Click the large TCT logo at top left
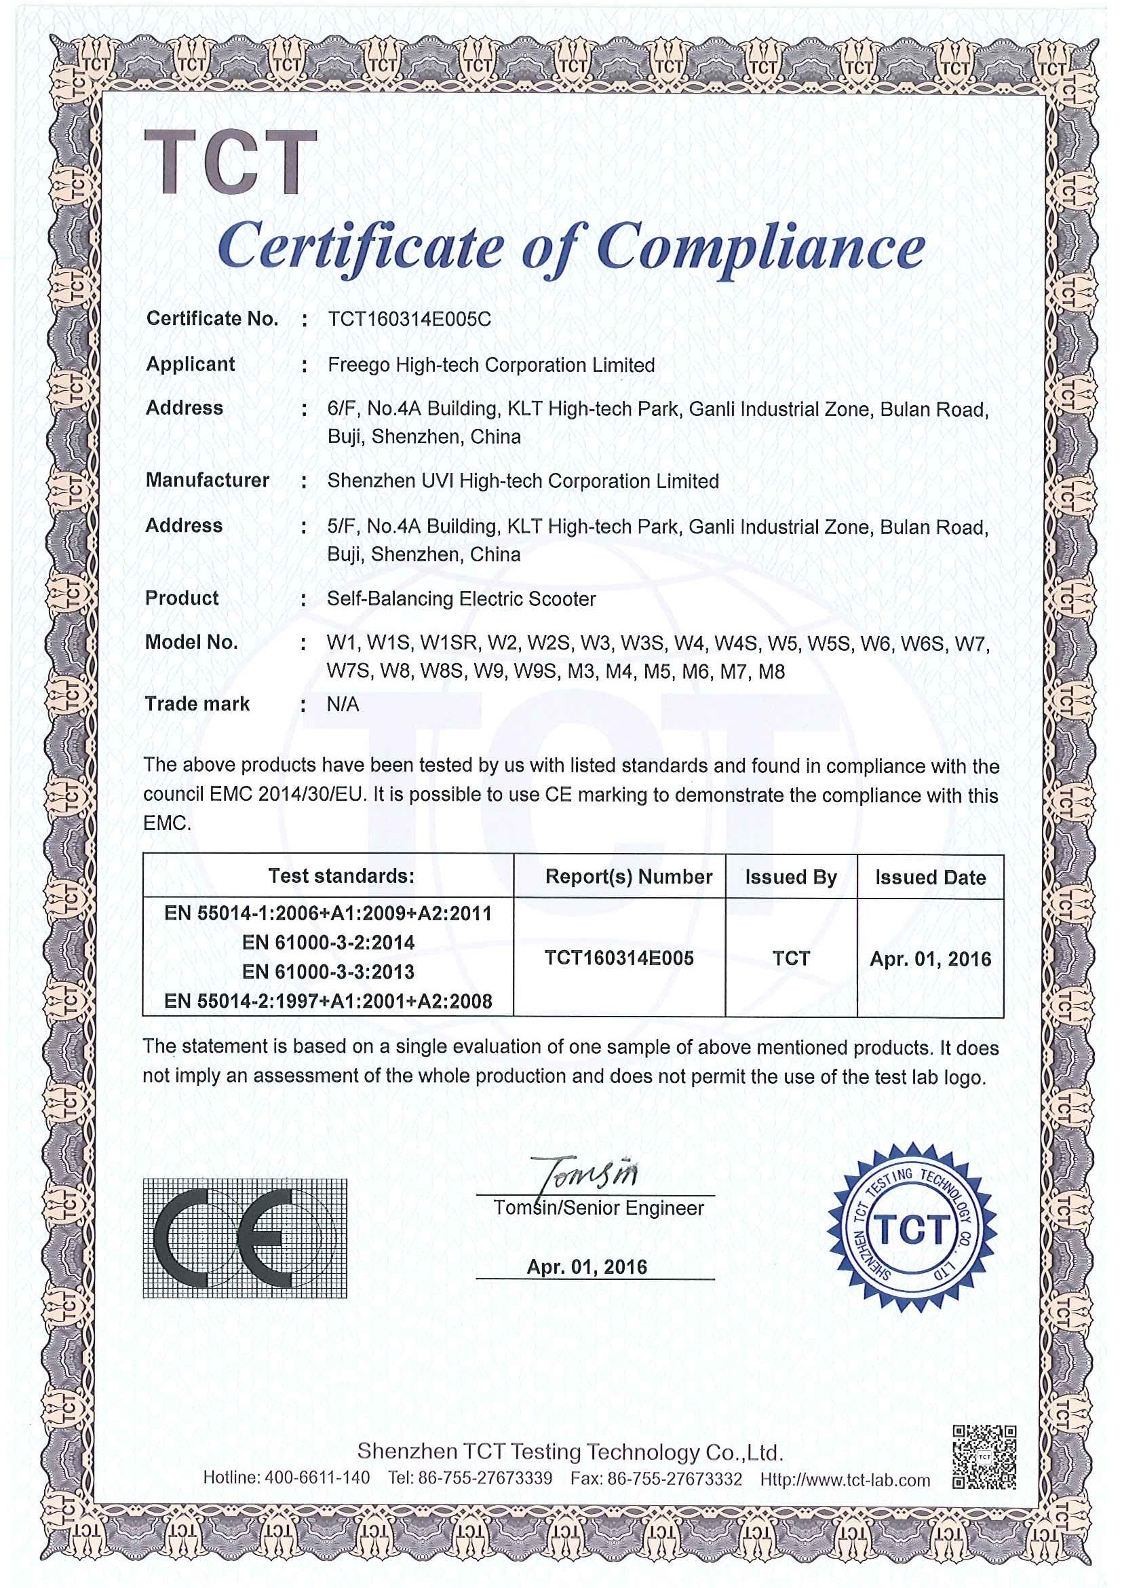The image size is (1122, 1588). click(x=230, y=163)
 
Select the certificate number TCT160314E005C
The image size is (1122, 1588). click(x=409, y=320)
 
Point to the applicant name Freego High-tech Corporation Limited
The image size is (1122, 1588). click(x=491, y=365)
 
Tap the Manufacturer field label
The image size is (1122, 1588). click(x=208, y=480)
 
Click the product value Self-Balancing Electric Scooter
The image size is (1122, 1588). click(x=461, y=599)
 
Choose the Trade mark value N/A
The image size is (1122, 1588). click(x=343, y=705)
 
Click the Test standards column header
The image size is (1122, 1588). click(x=341, y=876)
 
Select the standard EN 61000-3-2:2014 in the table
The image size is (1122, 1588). click(x=328, y=943)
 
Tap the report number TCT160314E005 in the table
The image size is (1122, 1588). click(x=619, y=958)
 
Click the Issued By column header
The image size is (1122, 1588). click(x=791, y=877)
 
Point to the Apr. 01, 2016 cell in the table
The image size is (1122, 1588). click(x=930, y=960)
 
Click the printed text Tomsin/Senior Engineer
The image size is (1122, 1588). click(x=598, y=1208)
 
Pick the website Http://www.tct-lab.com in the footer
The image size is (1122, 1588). click(x=845, y=1480)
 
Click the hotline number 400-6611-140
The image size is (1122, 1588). click(x=317, y=1479)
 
